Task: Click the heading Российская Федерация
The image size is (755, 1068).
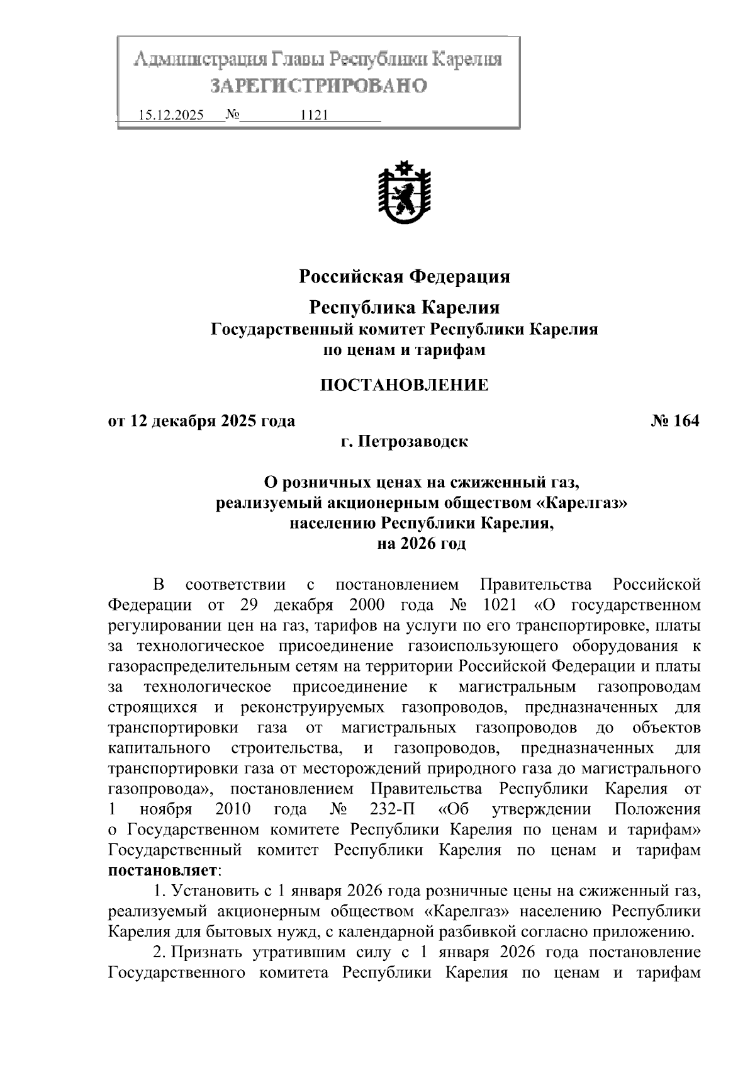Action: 404,277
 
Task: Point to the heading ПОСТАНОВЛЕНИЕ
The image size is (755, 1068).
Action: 404,385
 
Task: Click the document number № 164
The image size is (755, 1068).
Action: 675,421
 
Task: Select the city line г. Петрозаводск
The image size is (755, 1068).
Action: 404,442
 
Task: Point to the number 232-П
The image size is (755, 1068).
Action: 389,809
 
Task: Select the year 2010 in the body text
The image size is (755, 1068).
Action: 233,809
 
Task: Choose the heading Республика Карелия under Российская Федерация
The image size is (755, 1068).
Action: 404,308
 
